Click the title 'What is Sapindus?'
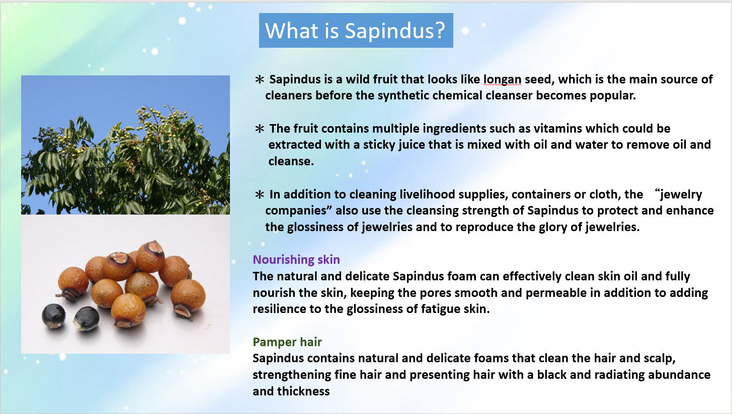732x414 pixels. (355, 30)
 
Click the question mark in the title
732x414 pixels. (440, 30)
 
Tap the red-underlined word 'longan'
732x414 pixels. (502, 79)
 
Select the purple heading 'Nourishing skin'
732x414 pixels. (296, 260)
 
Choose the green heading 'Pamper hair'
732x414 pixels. (287, 342)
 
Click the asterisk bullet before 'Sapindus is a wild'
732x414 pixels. (260, 79)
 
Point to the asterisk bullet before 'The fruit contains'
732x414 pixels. (260, 129)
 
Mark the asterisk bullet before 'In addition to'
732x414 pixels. (260, 194)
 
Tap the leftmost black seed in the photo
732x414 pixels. (53, 316)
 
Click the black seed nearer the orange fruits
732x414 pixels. (86, 319)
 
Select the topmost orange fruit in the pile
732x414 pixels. (150, 257)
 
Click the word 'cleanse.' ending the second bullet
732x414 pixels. (291, 161)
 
